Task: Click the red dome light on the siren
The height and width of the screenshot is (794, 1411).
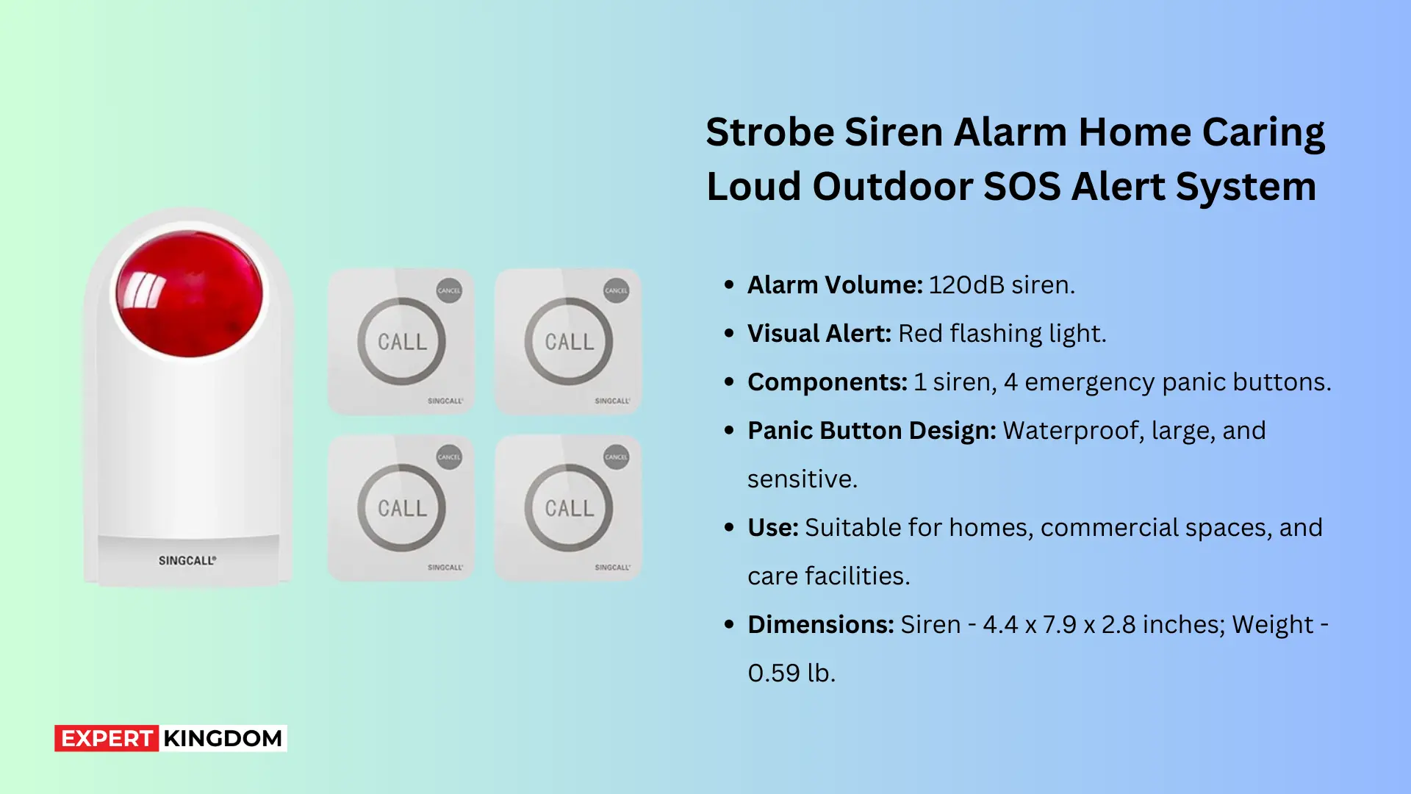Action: [x=190, y=294]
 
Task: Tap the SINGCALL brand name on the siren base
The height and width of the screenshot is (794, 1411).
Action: [x=187, y=560]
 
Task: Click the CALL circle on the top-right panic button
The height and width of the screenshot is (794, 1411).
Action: [x=569, y=342]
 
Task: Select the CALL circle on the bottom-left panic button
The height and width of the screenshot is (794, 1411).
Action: [x=402, y=508]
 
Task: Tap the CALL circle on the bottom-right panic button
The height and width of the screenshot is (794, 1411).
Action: [x=569, y=508]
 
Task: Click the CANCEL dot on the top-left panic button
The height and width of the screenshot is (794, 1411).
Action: [x=449, y=290]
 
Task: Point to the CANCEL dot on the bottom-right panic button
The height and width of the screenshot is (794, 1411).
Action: [x=616, y=457]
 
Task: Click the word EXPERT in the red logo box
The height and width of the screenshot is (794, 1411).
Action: [x=107, y=738]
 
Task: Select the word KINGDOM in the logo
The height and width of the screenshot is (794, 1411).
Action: [x=223, y=738]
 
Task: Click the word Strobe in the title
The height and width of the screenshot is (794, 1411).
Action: [x=769, y=132]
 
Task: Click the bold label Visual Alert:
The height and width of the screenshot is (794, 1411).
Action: [x=819, y=333]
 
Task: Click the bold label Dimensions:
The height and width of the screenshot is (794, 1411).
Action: [x=820, y=624]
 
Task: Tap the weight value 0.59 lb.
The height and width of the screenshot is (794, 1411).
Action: [x=791, y=673]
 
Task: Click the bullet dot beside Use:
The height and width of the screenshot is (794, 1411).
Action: [x=729, y=527]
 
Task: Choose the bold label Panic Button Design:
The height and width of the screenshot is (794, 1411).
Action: [x=872, y=430]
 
